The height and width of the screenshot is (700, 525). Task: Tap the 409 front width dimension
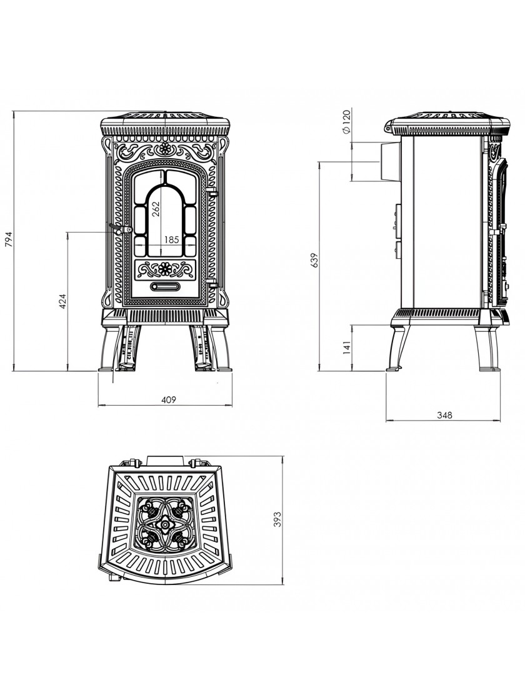168,399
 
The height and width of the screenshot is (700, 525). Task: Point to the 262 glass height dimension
156,207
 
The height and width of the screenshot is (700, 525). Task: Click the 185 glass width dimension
172,240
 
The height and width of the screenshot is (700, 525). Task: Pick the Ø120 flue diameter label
346,121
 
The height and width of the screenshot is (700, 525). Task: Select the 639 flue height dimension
314,260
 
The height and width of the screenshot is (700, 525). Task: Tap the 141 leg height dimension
347,347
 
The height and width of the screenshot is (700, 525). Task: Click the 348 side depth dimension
444,415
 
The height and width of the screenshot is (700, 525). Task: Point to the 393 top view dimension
277,520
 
